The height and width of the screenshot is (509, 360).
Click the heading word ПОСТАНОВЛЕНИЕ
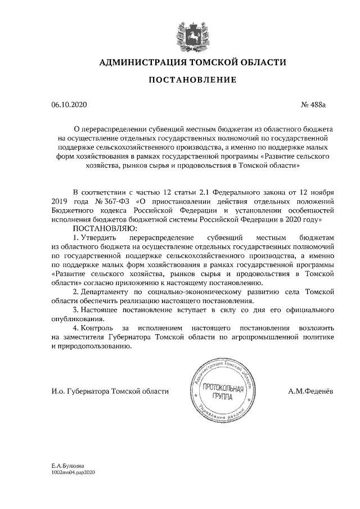coord(192,81)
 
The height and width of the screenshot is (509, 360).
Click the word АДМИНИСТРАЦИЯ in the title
coord(142,62)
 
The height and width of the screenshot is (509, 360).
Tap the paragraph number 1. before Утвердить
coord(77,239)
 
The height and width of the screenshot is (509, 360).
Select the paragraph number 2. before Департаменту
coord(77,292)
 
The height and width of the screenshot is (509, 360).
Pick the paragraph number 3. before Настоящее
coord(77,310)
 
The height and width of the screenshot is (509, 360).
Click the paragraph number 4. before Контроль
coord(77,328)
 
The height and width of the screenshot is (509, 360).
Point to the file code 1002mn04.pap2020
coord(74,474)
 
